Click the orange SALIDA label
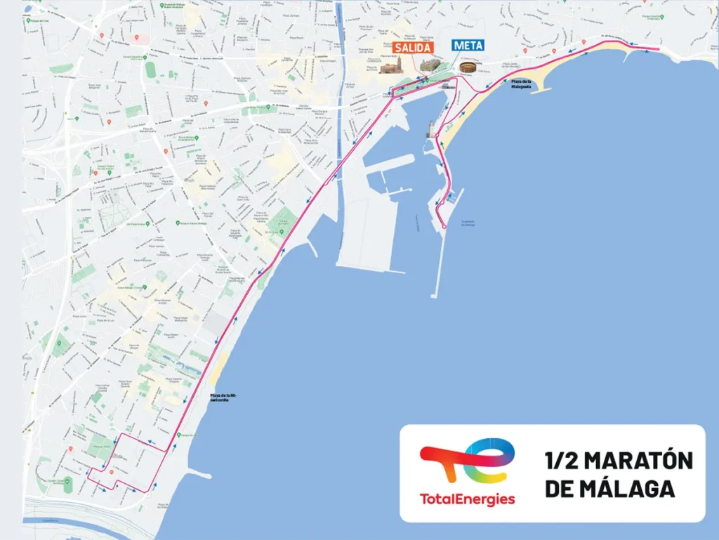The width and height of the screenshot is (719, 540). pyautogui.click(x=412, y=48)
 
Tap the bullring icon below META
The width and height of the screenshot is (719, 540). pyautogui.click(x=468, y=68)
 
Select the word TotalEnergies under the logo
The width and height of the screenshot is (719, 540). pyautogui.click(x=467, y=499)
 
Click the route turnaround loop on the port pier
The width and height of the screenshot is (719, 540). pyautogui.click(x=444, y=225)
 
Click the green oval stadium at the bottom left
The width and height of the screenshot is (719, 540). pyautogui.click(x=67, y=484)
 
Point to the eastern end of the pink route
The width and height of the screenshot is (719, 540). pyautogui.click(x=657, y=49)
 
